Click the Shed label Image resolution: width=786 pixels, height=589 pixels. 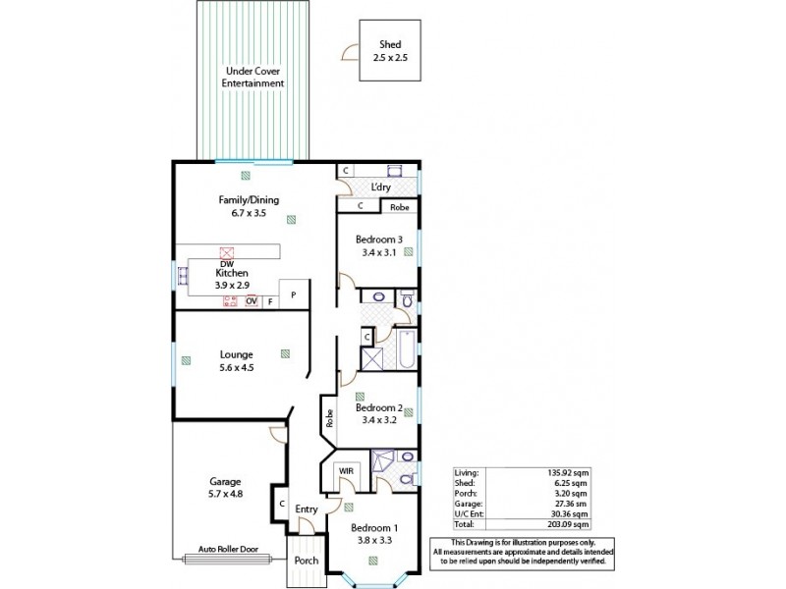click(389, 45)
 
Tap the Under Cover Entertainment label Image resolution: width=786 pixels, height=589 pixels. click(254, 78)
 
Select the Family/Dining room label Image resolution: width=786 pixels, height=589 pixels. click(249, 200)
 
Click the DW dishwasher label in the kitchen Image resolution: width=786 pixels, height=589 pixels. click(226, 263)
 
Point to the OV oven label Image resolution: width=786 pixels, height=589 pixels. click(252, 301)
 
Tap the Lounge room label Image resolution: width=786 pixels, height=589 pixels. click(236, 354)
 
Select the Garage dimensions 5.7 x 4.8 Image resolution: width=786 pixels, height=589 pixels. click(225, 494)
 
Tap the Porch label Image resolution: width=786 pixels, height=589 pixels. click(306, 561)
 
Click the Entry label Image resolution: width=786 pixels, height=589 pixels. click(306, 509)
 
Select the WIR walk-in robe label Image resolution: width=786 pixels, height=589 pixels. click(345, 471)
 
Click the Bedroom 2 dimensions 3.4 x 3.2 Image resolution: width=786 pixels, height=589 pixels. click(378, 420)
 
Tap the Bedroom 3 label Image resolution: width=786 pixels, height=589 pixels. click(378, 240)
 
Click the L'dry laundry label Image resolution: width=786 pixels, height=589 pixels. click(381, 187)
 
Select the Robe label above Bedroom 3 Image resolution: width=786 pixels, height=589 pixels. click(398, 207)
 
